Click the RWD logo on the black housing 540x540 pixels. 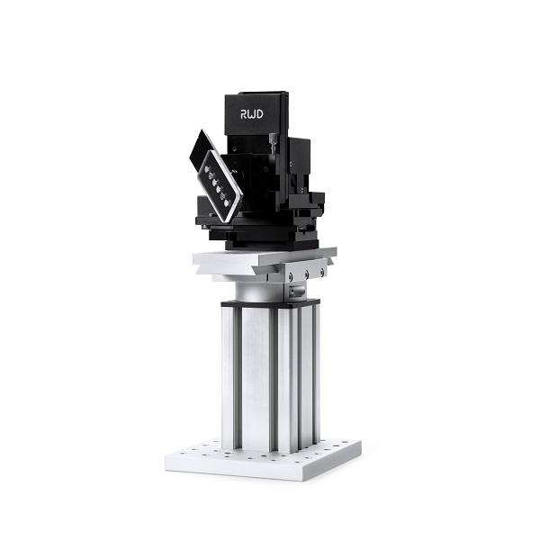tap(255, 115)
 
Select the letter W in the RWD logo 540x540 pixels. tap(255, 115)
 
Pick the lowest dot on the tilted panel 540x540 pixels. tap(228, 202)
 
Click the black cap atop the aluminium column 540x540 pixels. tap(269, 305)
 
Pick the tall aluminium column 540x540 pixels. tap(269, 378)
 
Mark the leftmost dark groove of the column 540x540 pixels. tap(237, 378)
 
